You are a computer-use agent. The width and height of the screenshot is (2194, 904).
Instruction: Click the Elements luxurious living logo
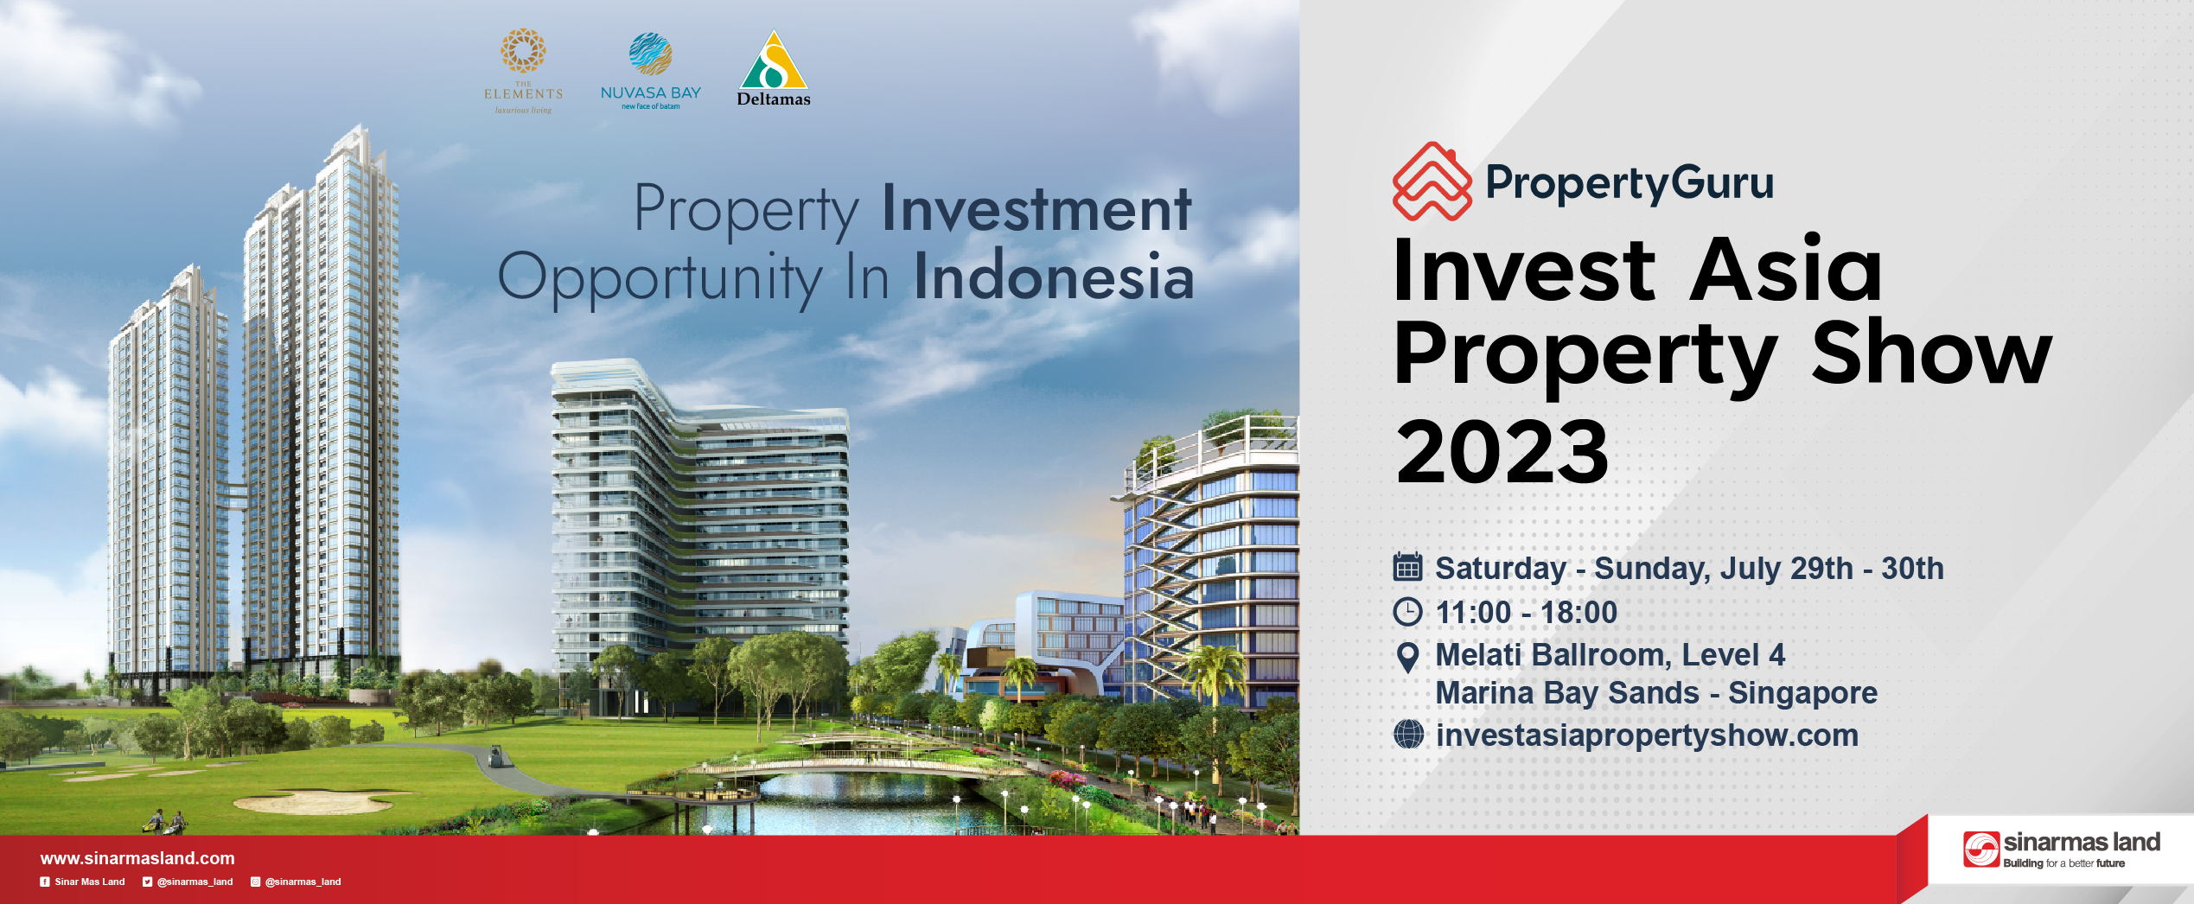pyautogui.click(x=523, y=72)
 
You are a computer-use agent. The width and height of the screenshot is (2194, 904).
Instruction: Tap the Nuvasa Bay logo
pyautogui.click(x=651, y=72)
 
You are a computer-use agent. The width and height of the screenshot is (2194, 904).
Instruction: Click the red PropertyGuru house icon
pyautogui.click(x=1432, y=181)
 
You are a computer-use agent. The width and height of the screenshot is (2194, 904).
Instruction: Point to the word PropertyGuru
pyautogui.click(x=1630, y=182)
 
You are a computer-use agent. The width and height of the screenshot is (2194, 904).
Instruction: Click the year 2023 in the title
pyautogui.click(x=1502, y=451)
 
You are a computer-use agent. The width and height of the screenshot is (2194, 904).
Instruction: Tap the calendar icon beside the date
pyautogui.click(x=1407, y=567)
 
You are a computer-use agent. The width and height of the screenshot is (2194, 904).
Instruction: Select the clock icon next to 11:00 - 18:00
pyautogui.click(x=1407, y=612)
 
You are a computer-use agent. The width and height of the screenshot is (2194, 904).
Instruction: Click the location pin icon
pyautogui.click(x=1407, y=658)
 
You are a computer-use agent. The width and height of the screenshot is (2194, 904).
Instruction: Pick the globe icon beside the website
pyautogui.click(x=1408, y=735)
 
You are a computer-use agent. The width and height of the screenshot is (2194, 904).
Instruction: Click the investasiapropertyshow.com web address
pyautogui.click(x=1647, y=735)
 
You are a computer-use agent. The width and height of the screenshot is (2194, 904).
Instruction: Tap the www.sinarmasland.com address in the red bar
pyautogui.click(x=137, y=858)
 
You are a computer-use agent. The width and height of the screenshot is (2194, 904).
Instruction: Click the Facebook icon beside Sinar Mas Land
pyautogui.click(x=45, y=882)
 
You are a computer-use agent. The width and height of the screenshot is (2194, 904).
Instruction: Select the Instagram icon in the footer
pyautogui.click(x=255, y=882)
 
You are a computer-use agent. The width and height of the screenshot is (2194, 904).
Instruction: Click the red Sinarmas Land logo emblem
pyautogui.click(x=1981, y=849)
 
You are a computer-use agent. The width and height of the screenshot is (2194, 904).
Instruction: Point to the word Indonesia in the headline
pyautogui.click(x=1054, y=277)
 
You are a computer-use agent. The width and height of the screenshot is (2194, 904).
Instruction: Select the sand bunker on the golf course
pyautogui.click(x=311, y=801)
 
